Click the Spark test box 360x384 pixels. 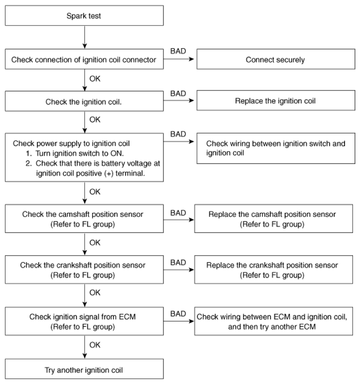84,16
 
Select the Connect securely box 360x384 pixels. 276,59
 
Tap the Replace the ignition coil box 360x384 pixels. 276,100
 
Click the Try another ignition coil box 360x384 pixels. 84,369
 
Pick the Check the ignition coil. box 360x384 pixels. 84,101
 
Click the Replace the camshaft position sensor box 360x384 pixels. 274,218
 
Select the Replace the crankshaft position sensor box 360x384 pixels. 274,270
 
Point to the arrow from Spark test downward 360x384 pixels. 85,37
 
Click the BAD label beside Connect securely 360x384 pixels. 178,51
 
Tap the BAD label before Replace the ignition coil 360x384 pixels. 178,93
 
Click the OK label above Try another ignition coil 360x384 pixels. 95,345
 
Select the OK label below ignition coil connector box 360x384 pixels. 95,79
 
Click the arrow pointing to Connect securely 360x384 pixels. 179,59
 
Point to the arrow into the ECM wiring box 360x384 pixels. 179,321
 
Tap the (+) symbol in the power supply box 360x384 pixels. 109,173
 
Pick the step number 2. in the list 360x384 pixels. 29,163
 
